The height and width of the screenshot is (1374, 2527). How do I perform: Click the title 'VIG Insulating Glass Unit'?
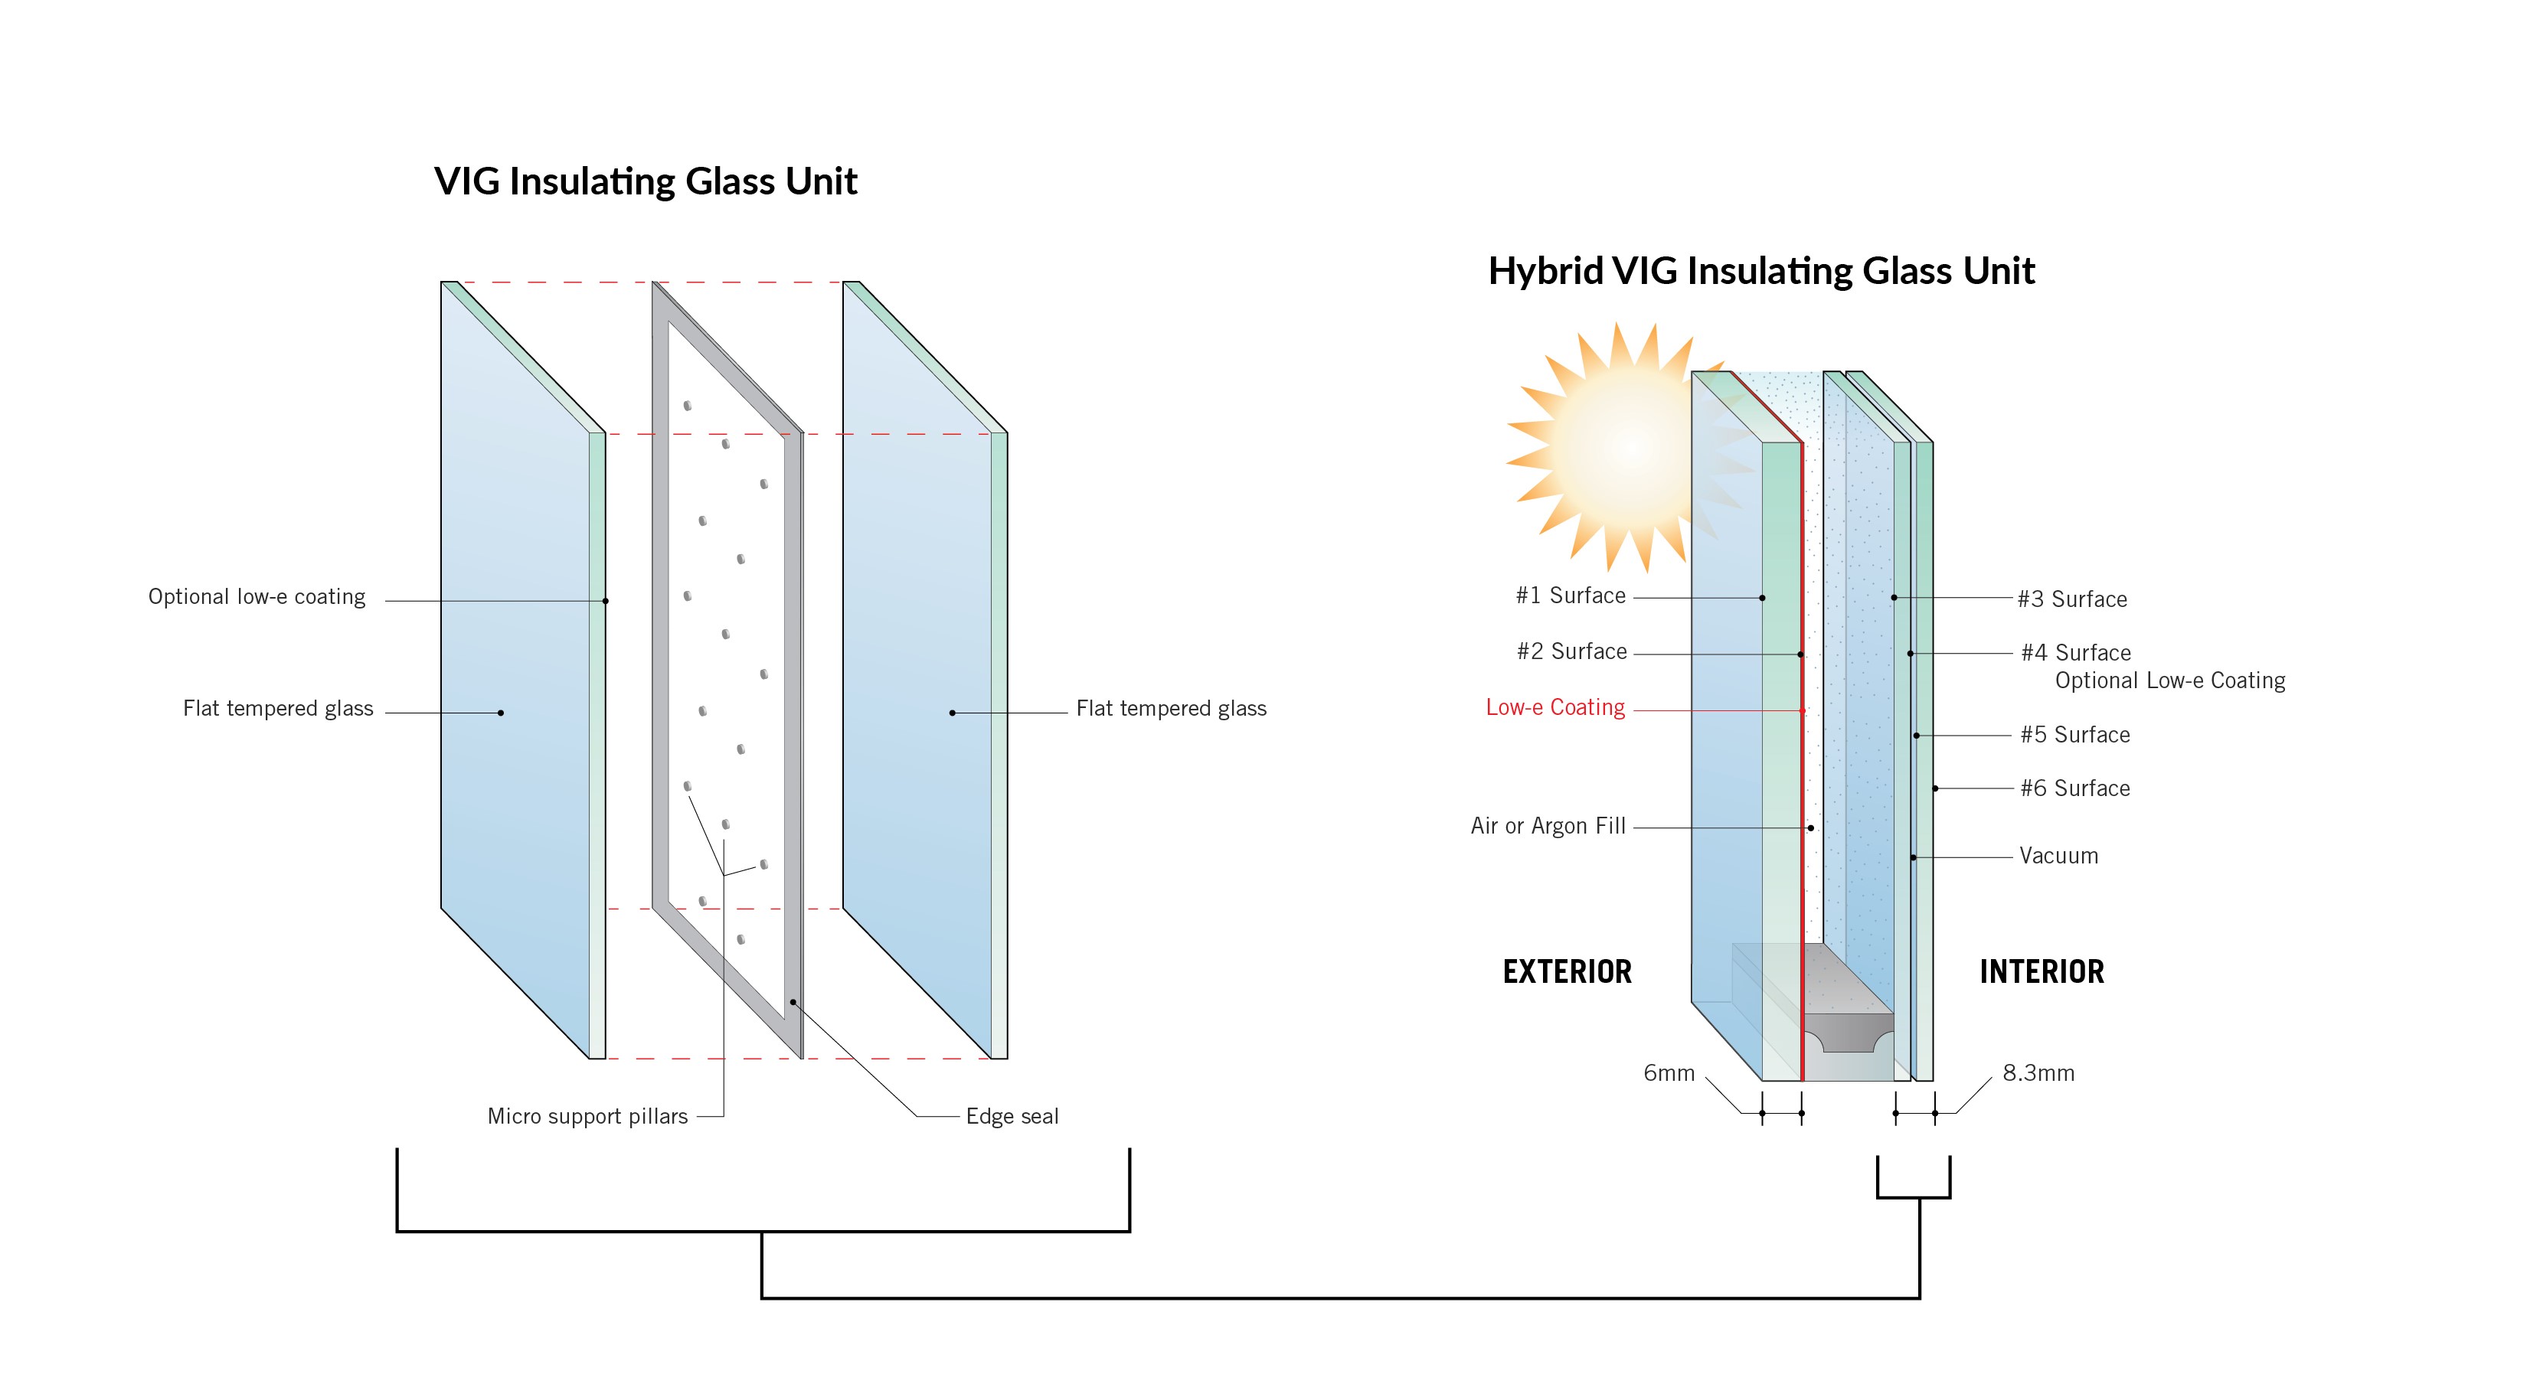[646, 181]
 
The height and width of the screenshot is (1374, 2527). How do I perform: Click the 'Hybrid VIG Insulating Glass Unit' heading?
[1760, 271]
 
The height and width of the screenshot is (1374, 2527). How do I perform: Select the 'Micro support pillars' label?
[587, 1116]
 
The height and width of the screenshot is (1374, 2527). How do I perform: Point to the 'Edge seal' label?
[1012, 1116]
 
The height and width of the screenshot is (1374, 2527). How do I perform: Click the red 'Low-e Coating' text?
[1554, 707]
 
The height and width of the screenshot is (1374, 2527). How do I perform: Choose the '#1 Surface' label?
[1570, 596]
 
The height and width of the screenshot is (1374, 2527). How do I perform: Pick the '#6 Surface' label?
[2074, 788]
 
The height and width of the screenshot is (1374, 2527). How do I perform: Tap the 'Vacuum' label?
[2058, 855]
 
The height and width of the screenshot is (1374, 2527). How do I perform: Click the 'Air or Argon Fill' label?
[1547, 826]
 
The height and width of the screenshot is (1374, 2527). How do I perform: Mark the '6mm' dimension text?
[1669, 1073]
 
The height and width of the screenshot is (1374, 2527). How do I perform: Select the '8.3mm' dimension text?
[2038, 1073]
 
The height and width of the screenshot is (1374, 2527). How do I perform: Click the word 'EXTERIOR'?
[1567, 972]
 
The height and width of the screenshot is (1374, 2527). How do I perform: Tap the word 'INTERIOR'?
[2042, 972]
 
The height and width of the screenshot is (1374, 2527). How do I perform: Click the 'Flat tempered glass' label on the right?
[1170, 708]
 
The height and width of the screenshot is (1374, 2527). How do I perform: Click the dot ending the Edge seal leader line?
[793, 1002]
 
